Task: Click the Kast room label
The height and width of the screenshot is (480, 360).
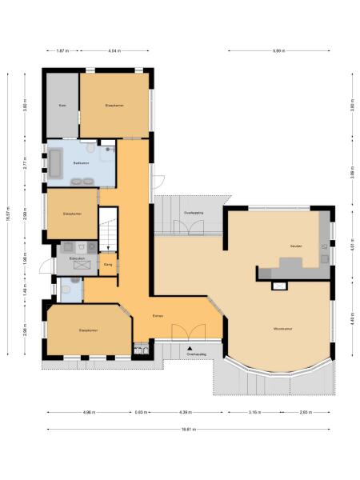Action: (x=62, y=105)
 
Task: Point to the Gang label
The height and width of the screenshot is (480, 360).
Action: (x=108, y=262)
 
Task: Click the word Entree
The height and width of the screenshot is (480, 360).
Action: (x=158, y=316)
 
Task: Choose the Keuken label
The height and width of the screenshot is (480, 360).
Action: (x=295, y=246)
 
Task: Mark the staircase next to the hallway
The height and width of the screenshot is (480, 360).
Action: (x=108, y=228)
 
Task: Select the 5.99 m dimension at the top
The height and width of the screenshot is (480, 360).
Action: (x=278, y=51)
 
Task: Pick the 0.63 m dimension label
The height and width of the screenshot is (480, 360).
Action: (x=142, y=413)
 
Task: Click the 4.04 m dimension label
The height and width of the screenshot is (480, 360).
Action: (x=114, y=51)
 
